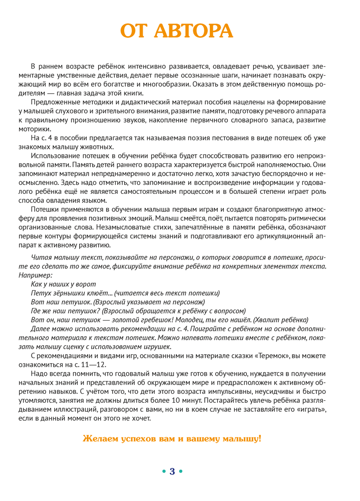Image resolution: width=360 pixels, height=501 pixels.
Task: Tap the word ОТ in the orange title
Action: click(135, 31)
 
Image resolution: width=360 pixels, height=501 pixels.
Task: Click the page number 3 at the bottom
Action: click(172, 471)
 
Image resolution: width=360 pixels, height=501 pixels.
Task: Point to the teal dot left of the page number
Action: click(164, 471)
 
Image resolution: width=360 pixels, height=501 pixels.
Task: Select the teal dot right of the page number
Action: click(181, 471)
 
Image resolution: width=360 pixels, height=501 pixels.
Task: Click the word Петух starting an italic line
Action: click(41, 293)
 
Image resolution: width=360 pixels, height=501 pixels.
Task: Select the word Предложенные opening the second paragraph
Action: click(53, 102)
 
